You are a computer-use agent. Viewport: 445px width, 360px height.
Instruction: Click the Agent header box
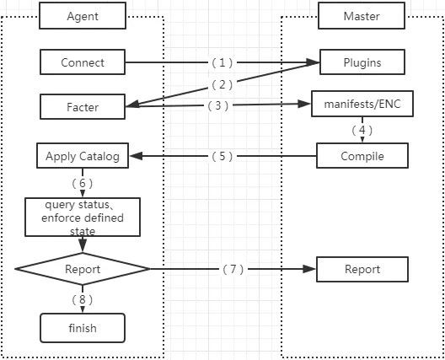click(x=83, y=16)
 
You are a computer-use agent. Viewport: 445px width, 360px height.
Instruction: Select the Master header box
click(x=362, y=16)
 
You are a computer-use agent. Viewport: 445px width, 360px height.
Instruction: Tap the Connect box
click(x=83, y=62)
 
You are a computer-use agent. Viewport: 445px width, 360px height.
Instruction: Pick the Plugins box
click(x=362, y=62)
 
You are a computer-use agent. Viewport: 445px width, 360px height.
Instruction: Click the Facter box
click(x=83, y=107)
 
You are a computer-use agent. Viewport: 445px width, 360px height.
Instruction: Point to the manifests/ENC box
click(x=362, y=104)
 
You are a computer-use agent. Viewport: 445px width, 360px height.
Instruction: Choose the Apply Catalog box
click(x=83, y=156)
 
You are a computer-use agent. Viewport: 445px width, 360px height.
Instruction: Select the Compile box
click(x=362, y=156)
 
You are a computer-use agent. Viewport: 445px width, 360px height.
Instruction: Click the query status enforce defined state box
click(x=83, y=218)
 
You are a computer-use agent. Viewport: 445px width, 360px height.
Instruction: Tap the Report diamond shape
click(x=83, y=269)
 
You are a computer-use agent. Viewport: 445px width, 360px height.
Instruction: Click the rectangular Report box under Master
click(x=362, y=269)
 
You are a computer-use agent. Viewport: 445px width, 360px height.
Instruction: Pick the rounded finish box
click(x=83, y=328)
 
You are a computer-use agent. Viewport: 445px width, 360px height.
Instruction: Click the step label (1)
click(x=222, y=62)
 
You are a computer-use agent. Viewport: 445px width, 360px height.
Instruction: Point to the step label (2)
click(x=222, y=84)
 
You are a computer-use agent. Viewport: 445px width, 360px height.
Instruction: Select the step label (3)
click(x=218, y=105)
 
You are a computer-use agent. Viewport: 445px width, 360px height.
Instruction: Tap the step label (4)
click(x=362, y=130)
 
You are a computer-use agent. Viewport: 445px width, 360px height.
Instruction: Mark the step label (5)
click(x=222, y=156)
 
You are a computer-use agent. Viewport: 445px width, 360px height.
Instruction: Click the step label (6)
click(x=83, y=183)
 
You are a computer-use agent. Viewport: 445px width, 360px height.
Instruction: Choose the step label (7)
click(x=233, y=269)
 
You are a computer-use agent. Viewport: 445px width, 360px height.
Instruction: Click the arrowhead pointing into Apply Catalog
click(x=137, y=156)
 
